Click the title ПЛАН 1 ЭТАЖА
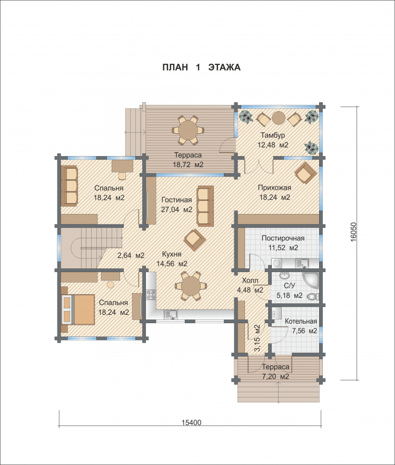(x=201, y=67)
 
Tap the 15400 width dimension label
(x=191, y=422)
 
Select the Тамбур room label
(x=273, y=135)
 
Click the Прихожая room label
(x=274, y=188)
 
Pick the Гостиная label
(x=176, y=200)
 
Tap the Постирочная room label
(x=283, y=238)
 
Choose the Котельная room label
(x=301, y=321)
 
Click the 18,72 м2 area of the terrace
(x=188, y=164)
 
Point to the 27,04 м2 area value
(x=176, y=209)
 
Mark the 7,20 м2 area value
(x=275, y=376)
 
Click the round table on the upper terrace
(x=188, y=130)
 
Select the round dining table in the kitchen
(x=191, y=286)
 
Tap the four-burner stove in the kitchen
(x=151, y=294)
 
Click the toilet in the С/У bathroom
(x=313, y=296)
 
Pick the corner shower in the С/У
(x=312, y=280)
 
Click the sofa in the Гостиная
(x=205, y=206)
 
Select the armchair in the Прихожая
(x=305, y=173)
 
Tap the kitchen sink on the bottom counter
(x=171, y=314)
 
